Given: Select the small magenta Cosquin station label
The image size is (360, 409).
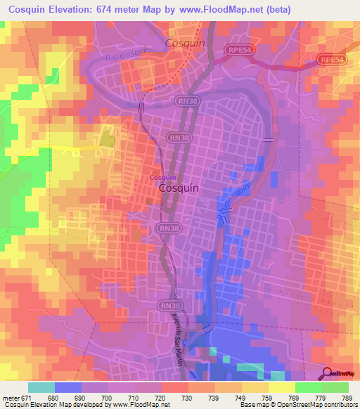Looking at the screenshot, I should coord(162,178).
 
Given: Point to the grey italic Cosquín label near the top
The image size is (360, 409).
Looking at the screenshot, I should coord(184,43).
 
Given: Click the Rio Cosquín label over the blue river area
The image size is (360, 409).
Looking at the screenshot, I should coord(234,197).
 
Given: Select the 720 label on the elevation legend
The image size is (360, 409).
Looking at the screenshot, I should coord(161,398).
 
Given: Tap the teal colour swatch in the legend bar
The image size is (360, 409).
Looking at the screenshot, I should coord(41,387).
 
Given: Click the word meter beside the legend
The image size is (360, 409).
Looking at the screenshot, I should coord(11,398).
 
